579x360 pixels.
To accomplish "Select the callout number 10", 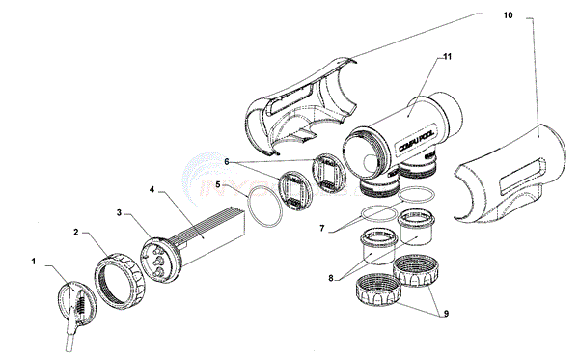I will click(x=510, y=16).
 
